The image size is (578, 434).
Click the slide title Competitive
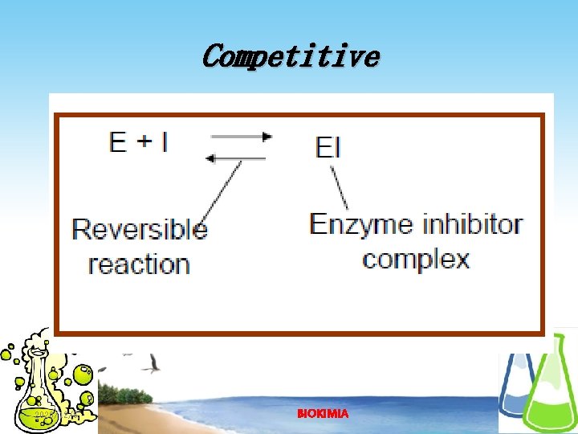[290, 57]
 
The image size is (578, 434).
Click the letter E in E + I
[118, 143]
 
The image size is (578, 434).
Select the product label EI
[328, 147]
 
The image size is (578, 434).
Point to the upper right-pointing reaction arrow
[241, 136]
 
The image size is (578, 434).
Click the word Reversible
[140, 230]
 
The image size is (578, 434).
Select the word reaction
[139, 264]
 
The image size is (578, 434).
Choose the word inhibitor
[474, 223]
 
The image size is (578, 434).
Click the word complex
[416, 259]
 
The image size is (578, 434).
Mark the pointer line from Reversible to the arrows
[221, 190]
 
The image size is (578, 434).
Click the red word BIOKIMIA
[323, 413]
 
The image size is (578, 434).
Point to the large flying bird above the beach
[151, 366]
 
